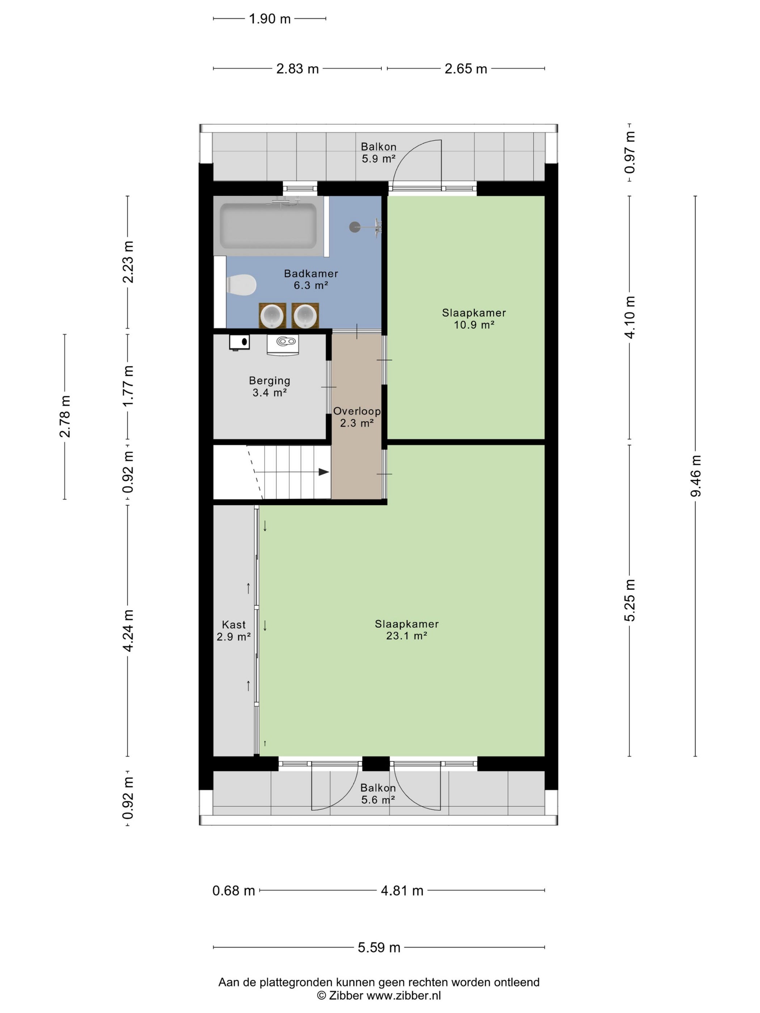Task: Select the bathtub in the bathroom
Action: click(268, 226)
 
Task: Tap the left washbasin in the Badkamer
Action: click(272, 315)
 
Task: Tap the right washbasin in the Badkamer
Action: click(305, 315)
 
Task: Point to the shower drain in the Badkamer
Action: click(355, 226)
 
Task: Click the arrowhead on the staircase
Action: click(324, 472)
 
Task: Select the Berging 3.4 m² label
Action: click(269, 386)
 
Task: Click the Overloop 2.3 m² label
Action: click(357, 417)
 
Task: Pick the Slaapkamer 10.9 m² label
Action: click(474, 319)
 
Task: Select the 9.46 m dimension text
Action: click(696, 476)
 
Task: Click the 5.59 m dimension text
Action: click(379, 948)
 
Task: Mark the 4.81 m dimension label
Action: click(402, 891)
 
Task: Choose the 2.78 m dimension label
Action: click(64, 416)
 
